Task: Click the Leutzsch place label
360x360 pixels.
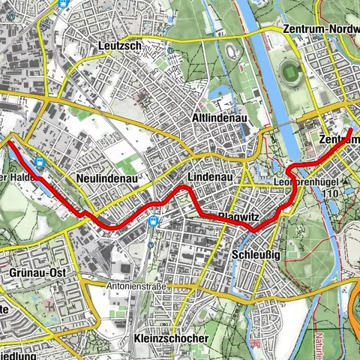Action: click(x=120, y=46)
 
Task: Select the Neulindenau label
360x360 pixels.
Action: click(x=104, y=178)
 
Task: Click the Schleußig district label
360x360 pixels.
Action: click(x=257, y=253)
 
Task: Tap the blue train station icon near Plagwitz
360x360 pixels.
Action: click(x=154, y=221)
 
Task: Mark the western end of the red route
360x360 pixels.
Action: click(x=10, y=140)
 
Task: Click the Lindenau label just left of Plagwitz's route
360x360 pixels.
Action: click(x=206, y=176)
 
